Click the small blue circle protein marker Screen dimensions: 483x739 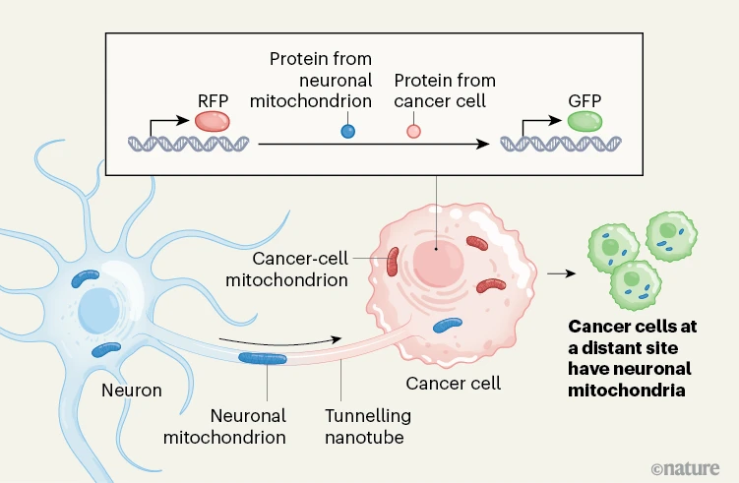pyautogui.click(x=346, y=130)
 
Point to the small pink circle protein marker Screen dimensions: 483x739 pyautogui.click(x=413, y=130)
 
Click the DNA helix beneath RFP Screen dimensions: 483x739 pyautogui.click(x=187, y=144)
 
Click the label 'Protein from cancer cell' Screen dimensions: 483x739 pyautogui.click(x=445, y=91)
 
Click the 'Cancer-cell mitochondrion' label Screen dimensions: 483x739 pyautogui.click(x=300, y=269)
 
